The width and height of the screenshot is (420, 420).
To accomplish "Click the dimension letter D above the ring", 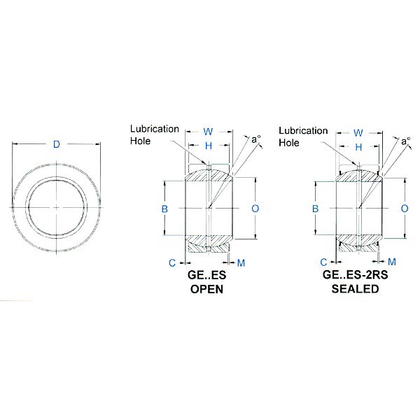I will (x=57, y=145).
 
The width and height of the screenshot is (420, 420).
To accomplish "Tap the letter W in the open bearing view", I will (x=208, y=132).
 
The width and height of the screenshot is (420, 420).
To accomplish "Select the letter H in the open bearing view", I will (x=208, y=146).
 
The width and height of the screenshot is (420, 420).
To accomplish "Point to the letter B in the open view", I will (x=165, y=209).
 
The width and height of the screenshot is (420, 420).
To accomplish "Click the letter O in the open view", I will (x=255, y=209).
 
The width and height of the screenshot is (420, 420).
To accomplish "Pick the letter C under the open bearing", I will (x=171, y=262).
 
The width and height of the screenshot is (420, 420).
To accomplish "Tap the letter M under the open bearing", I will (x=241, y=262).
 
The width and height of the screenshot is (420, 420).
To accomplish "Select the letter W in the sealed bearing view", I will (x=358, y=132).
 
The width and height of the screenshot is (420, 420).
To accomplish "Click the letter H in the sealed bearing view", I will (x=358, y=146).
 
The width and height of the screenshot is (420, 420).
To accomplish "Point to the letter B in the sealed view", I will (x=316, y=209).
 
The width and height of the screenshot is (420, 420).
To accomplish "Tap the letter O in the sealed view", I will (x=405, y=209).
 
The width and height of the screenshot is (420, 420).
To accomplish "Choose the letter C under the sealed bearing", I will (x=323, y=262).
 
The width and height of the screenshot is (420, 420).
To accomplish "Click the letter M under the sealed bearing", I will (x=391, y=262).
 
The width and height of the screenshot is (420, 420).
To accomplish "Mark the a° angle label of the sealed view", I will (x=406, y=141).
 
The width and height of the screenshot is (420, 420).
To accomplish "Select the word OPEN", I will (x=207, y=289).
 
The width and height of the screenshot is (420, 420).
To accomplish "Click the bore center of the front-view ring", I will (x=57, y=208).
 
